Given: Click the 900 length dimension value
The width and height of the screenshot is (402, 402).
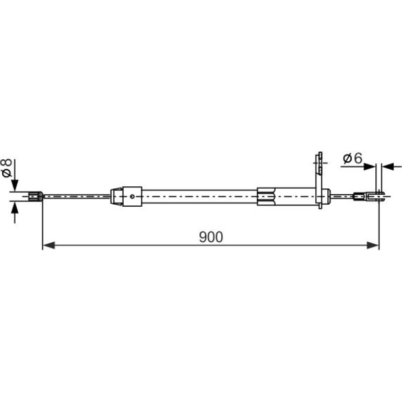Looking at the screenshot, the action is pos(211,237).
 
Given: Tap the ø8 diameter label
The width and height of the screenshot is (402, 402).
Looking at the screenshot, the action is pos(6,168).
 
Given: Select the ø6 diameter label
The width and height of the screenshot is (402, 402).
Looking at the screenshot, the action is pos(352,158).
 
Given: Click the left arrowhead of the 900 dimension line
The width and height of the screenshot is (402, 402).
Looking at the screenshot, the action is pos(49,245).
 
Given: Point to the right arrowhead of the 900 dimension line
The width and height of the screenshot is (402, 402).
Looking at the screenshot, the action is pos(373,245).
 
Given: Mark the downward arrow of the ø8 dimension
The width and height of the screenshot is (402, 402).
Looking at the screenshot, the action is pos(15,185).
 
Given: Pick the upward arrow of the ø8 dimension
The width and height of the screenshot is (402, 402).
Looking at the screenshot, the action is pos(15,207).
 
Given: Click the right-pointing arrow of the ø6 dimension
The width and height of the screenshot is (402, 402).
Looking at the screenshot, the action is pos(370,167).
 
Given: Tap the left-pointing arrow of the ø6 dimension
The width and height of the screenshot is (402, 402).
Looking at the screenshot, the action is pos(387,167).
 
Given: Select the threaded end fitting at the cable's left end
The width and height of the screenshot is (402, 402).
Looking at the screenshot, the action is pos(36,196).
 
